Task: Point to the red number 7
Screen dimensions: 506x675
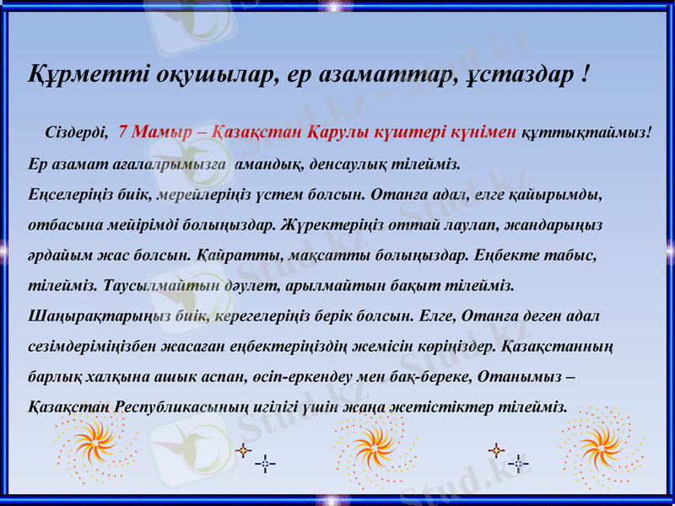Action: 124,132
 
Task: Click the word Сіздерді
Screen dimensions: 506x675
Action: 75,132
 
